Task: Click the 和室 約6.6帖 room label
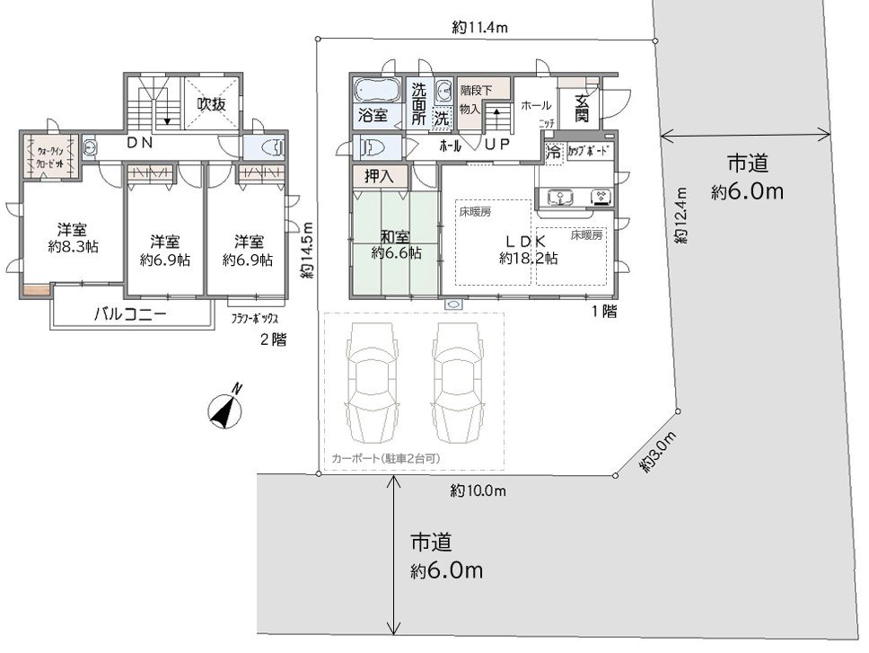396,245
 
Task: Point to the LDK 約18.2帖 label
529,249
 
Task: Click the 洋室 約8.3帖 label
73,235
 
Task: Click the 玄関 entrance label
581,108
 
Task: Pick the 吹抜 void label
212,103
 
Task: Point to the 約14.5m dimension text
307,251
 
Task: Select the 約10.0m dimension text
478,490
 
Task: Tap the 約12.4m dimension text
681,216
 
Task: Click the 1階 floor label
603,312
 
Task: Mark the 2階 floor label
272,340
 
